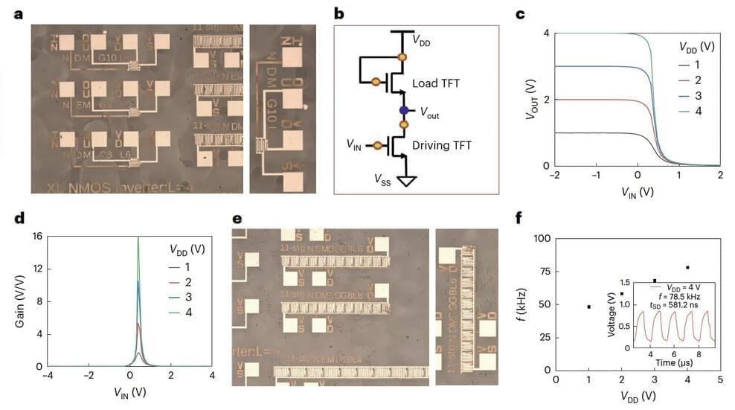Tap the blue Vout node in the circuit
click(x=403, y=110)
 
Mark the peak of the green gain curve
click(x=138, y=239)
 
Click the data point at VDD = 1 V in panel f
click(x=589, y=307)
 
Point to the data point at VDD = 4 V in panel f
click(x=687, y=267)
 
